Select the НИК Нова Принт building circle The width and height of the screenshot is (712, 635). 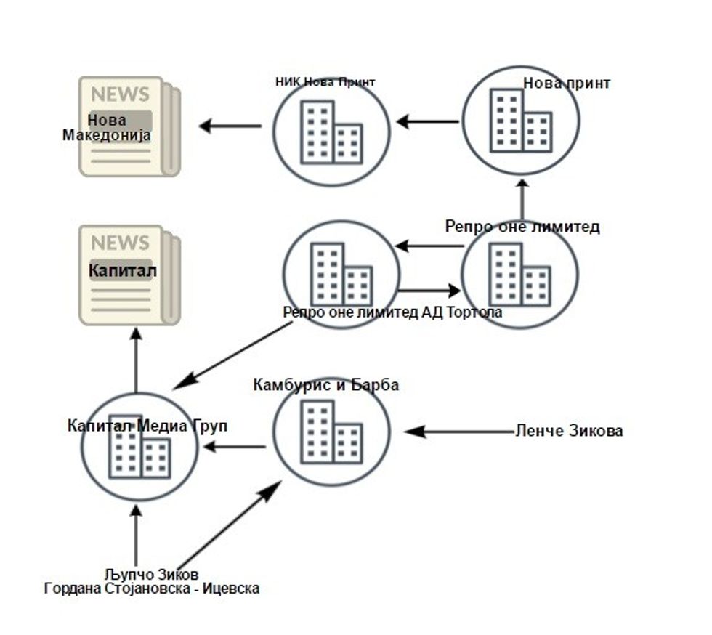point(331,132)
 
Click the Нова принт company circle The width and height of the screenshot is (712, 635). point(520,121)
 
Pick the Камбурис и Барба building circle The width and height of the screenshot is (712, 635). point(331,432)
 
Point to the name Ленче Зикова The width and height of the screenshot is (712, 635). point(569,431)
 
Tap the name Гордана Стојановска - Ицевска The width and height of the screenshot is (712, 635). point(152,589)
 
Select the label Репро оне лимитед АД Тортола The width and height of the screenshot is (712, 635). point(392,312)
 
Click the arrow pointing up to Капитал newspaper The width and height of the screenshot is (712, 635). point(136,360)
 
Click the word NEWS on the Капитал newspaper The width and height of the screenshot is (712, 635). point(120,242)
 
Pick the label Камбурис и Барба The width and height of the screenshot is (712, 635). point(325,385)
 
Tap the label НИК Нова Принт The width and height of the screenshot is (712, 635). point(325,81)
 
